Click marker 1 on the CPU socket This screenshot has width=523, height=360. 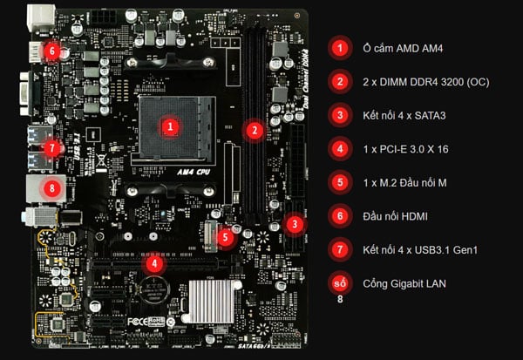172,126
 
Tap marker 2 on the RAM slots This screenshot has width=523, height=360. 255,131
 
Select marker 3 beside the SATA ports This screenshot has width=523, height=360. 295,224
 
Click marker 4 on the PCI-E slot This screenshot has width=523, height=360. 154,262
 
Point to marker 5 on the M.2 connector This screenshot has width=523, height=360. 225,235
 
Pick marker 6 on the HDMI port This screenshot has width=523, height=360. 51,51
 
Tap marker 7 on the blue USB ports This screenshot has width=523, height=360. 53,147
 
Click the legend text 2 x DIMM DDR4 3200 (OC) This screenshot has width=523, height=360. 421,82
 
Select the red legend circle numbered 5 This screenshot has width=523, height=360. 338,182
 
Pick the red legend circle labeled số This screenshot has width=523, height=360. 338,283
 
